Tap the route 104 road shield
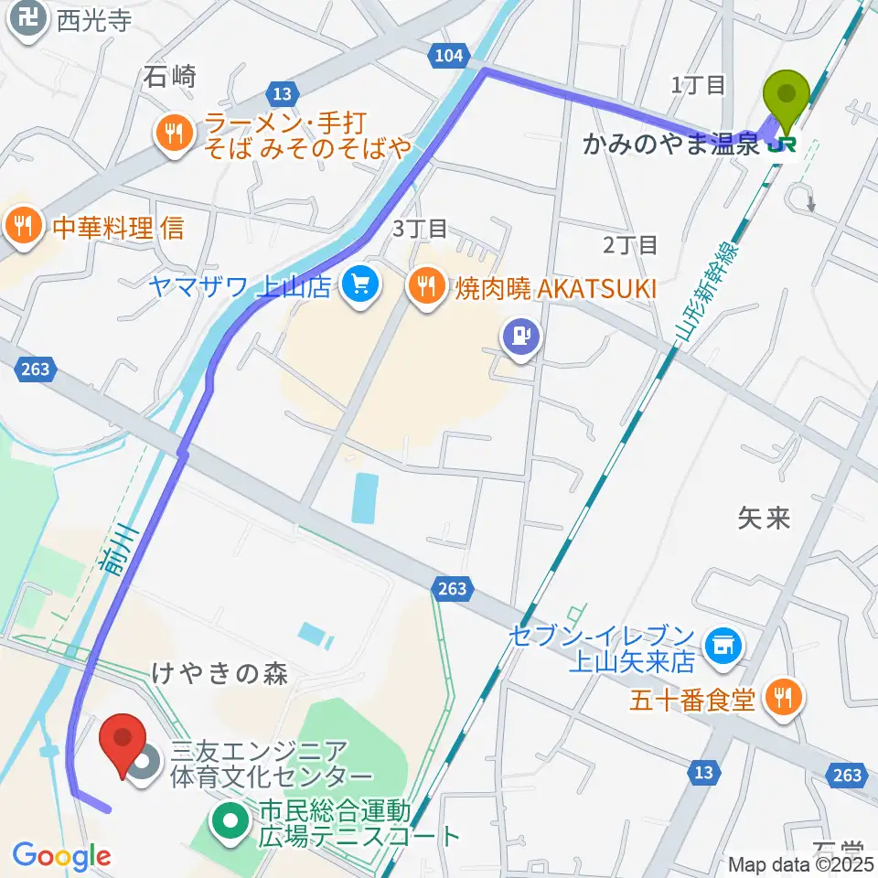(448, 57)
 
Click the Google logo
(61, 856)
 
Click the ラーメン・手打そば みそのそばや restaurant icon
(171, 134)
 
